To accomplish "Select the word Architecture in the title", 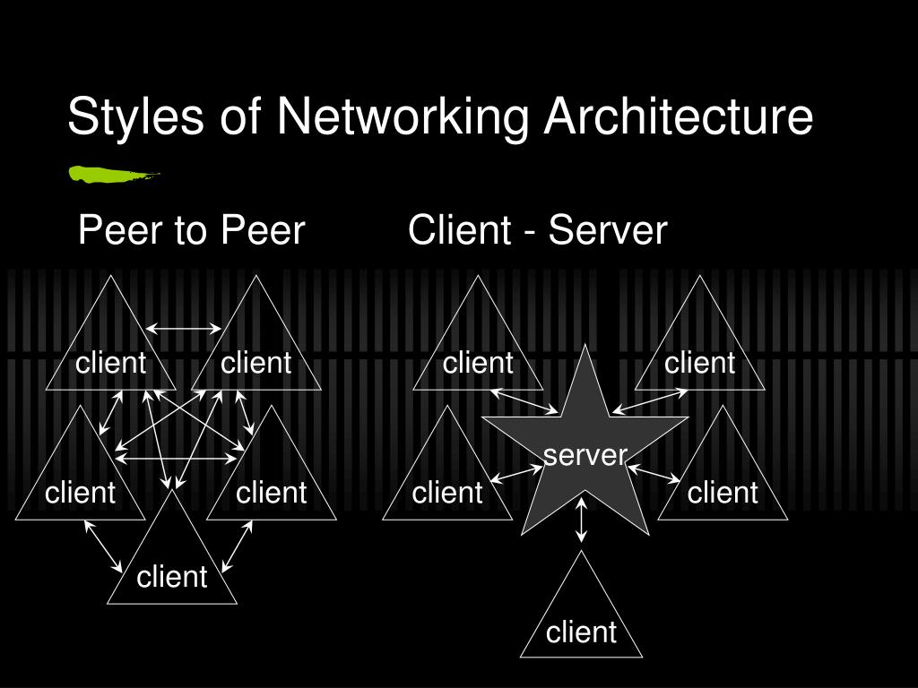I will [x=678, y=117].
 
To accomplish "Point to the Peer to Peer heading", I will [x=192, y=231].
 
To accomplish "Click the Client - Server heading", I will [x=537, y=231].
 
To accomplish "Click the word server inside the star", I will [x=585, y=455].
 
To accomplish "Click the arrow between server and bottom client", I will [x=582, y=520].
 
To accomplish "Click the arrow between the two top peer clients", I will [x=183, y=329].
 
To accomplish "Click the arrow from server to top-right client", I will [x=650, y=401].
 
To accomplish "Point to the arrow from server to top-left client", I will [x=525, y=401].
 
